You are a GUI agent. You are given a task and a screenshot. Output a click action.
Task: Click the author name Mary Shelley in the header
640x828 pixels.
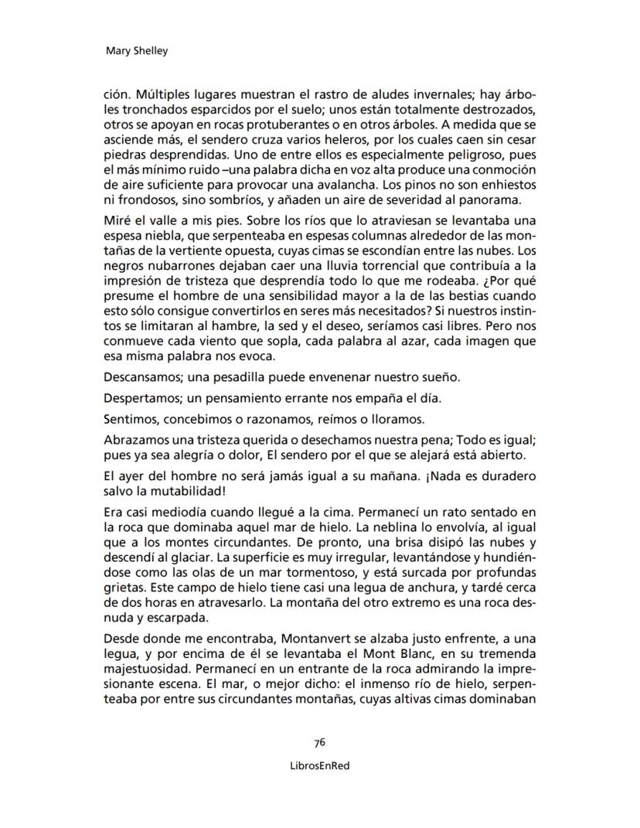135,52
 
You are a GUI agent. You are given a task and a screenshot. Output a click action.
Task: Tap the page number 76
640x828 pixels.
319,742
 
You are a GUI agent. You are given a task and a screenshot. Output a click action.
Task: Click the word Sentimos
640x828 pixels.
129,419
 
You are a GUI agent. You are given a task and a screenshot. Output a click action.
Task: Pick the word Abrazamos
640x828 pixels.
133,440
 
